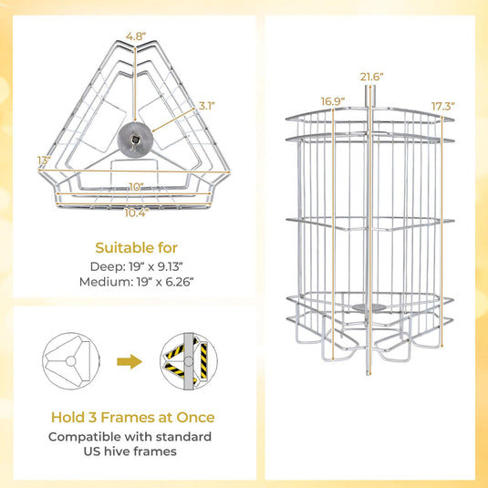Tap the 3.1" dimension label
click(207, 106)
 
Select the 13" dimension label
click(43, 161)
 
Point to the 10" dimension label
click(135, 186)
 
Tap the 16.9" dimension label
click(333, 100)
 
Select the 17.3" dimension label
click(442, 106)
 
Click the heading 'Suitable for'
click(136, 247)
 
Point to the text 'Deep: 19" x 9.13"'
click(136, 267)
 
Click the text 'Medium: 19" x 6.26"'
click(136, 282)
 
